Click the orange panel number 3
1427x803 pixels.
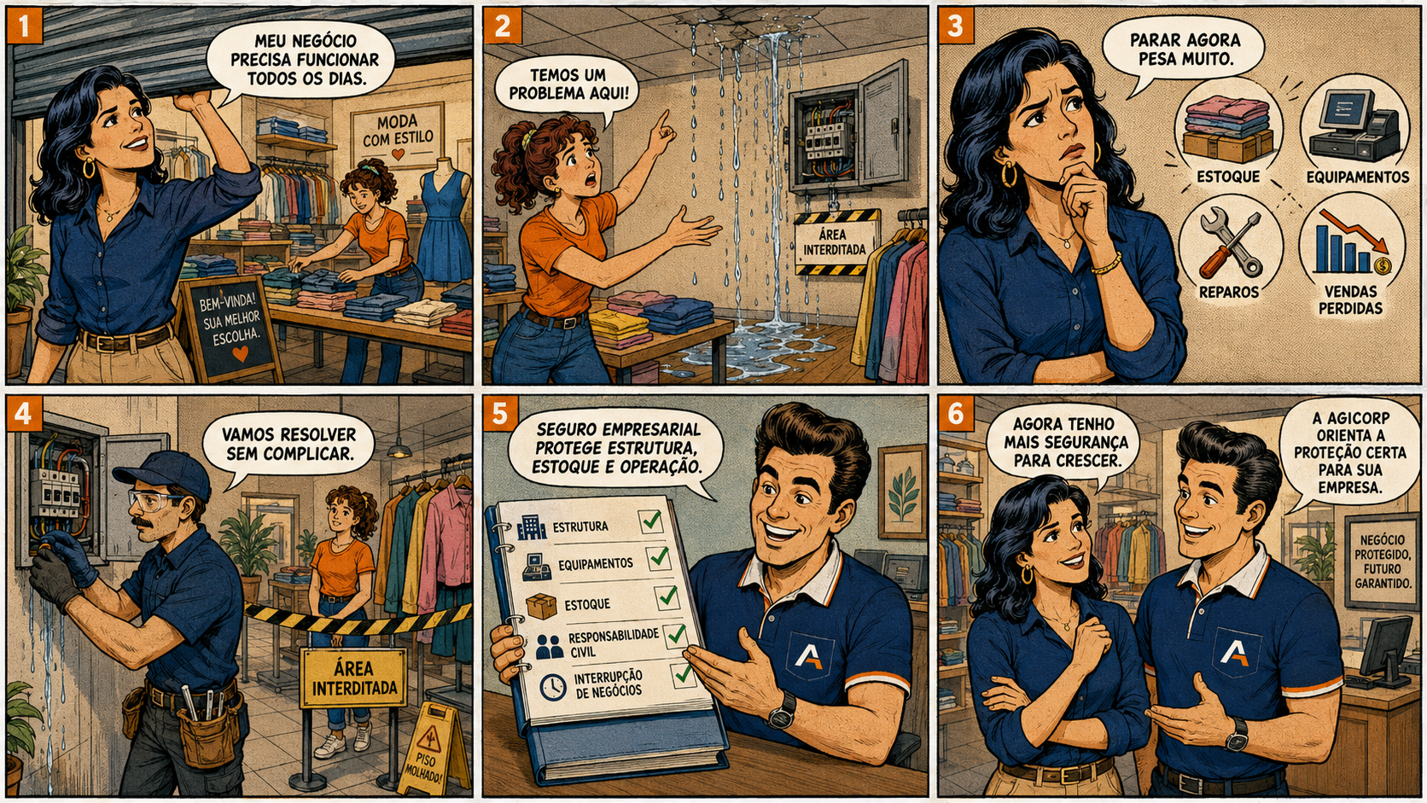coord(956,26)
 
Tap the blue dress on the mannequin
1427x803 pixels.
coord(443,226)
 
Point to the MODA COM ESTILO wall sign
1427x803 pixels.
coord(397,134)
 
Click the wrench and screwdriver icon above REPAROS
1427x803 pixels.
coord(1230,245)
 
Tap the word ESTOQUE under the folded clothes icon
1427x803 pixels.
coord(1228,177)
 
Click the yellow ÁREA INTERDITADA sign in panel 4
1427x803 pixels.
coord(354,678)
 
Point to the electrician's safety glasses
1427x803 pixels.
coord(153,500)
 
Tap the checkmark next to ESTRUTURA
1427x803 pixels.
coord(651,521)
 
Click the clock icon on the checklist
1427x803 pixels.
coord(552,686)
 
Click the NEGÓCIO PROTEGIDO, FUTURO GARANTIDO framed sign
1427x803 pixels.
coord(1382,561)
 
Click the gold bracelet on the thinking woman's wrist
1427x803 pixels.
coord(1106,264)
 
